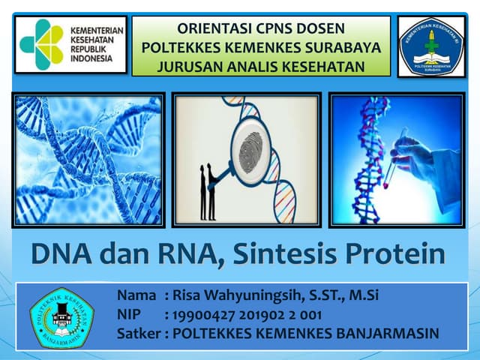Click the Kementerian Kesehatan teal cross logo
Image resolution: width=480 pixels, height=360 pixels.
click(42, 44)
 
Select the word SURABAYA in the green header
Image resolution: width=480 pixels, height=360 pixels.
click(345, 48)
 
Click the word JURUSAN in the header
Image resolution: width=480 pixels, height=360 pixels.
click(191, 66)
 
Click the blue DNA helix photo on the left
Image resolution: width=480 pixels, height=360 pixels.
click(88, 160)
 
